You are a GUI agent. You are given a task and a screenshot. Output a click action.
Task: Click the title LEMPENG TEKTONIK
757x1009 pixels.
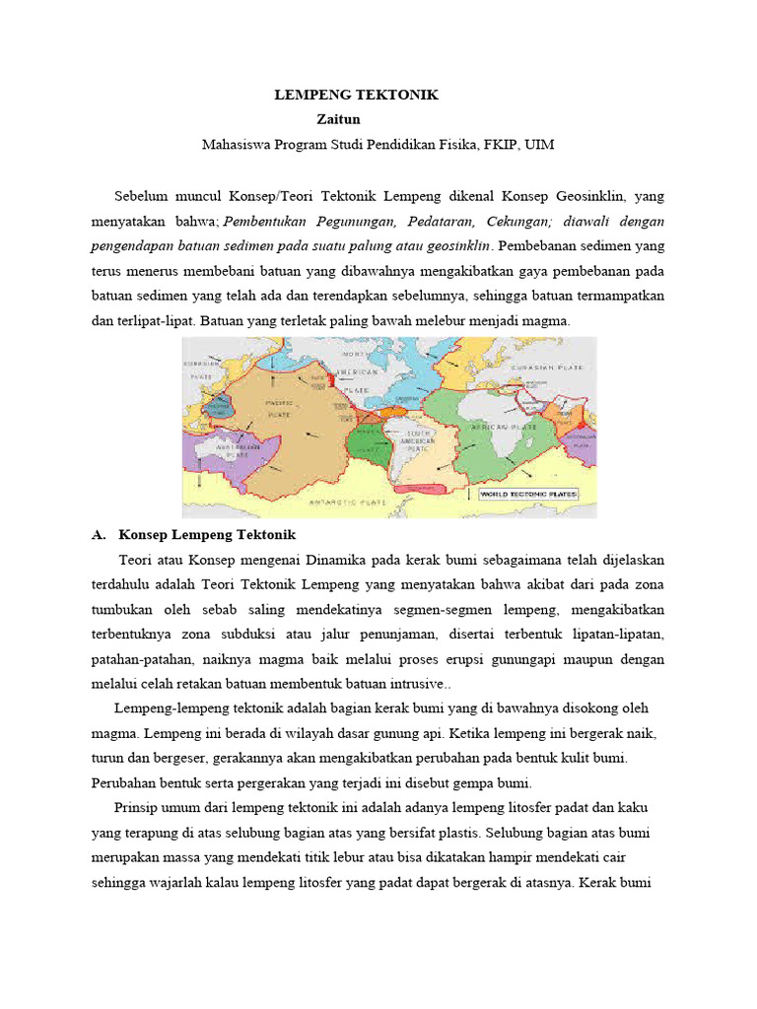356,95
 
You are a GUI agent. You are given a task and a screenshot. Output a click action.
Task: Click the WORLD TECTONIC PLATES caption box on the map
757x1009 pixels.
528,494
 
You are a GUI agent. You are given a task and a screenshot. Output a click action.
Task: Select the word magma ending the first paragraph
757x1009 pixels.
546,322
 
